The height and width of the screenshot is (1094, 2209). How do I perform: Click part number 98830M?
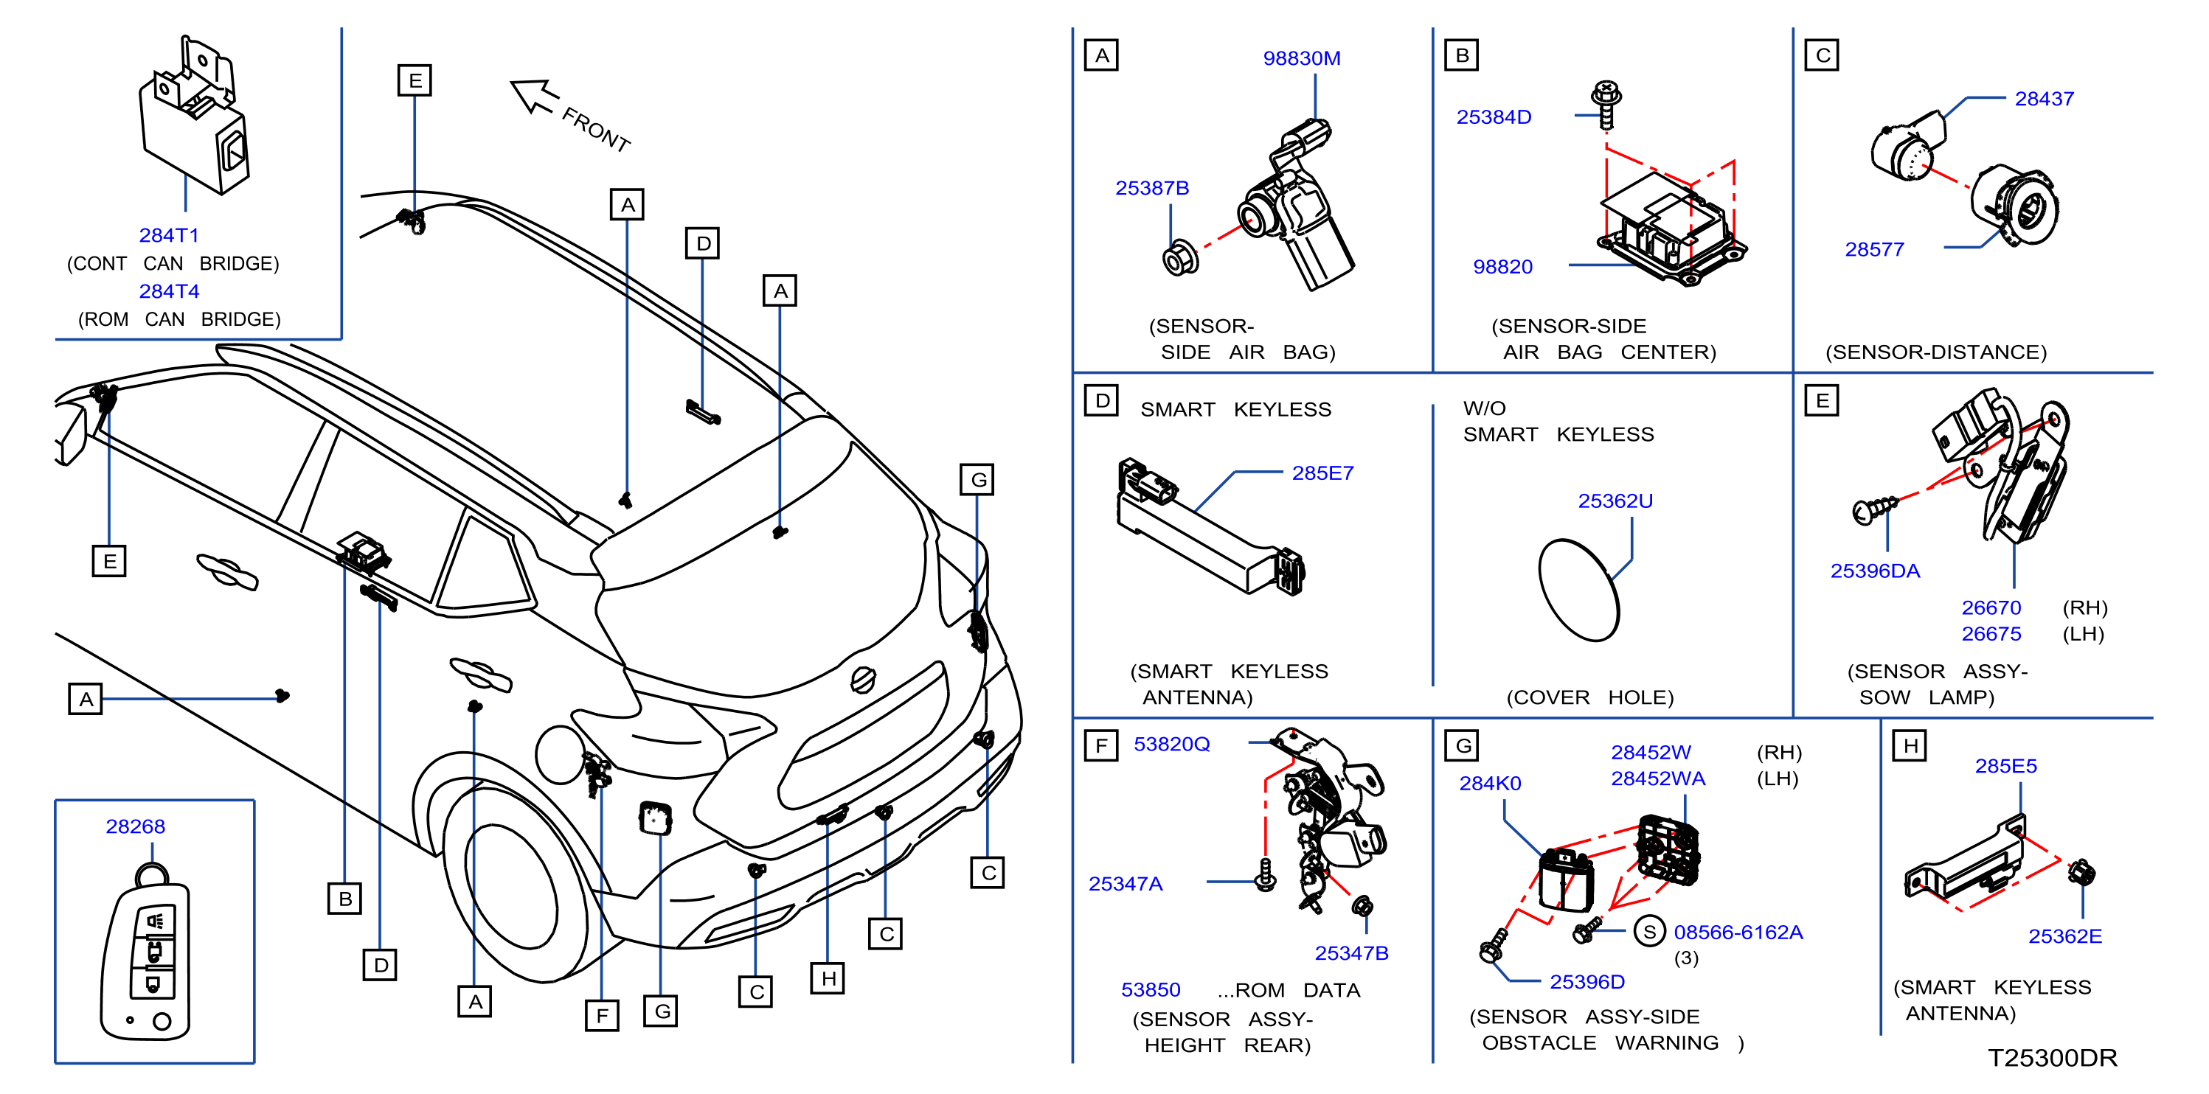(x=1301, y=58)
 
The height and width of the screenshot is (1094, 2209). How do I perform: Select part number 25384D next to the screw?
(x=1494, y=116)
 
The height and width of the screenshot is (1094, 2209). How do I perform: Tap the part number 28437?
(x=2045, y=99)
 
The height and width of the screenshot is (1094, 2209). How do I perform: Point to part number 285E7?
(x=1322, y=473)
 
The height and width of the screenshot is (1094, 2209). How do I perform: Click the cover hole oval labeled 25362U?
(x=1578, y=590)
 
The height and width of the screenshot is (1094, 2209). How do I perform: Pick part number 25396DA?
(x=1876, y=571)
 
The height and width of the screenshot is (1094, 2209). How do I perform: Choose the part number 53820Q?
(x=1171, y=744)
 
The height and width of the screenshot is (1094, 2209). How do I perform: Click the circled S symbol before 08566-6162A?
(x=1649, y=931)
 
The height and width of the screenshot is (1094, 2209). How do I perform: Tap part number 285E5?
(x=2005, y=766)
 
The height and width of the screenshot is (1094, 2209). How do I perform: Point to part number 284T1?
(x=169, y=235)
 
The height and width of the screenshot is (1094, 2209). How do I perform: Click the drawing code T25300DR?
(x=2052, y=1058)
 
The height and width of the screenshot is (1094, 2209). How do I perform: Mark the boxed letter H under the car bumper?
(x=828, y=978)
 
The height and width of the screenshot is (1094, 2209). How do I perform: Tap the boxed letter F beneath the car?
(x=602, y=1015)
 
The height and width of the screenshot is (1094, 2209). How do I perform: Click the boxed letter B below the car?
(x=344, y=899)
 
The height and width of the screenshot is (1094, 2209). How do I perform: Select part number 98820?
(x=1502, y=267)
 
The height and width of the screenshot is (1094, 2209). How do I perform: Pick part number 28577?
(x=1875, y=249)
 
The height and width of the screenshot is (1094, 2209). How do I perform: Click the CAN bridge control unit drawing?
(x=195, y=116)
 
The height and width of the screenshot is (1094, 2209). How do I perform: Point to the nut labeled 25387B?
(x=1180, y=257)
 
